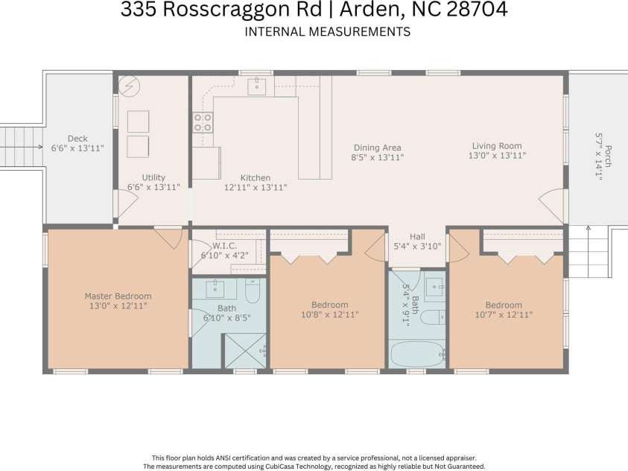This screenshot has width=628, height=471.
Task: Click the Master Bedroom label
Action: pyautogui.click(x=118, y=296)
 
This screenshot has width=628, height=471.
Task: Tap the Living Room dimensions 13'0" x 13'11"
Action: pyautogui.click(x=497, y=157)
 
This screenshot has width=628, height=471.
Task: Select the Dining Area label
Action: pyautogui.click(x=377, y=148)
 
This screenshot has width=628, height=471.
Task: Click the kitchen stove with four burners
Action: pyautogui.click(x=203, y=122)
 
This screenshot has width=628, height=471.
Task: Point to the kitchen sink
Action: pyautogui.click(x=256, y=86)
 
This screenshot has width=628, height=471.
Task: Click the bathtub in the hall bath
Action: pyautogui.click(x=416, y=354)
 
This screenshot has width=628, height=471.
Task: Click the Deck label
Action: pyautogui.click(x=77, y=139)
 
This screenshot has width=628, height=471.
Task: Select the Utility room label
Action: pyautogui.click(x=153, y=177)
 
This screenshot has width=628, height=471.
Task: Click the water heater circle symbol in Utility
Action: pyautogui.click(x=127, y=84)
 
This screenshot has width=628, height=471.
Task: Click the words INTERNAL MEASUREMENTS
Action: pyautogui.click(x=327, y=32)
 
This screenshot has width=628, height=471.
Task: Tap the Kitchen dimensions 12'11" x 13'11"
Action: pyautogui.click(x=256, y=188)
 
